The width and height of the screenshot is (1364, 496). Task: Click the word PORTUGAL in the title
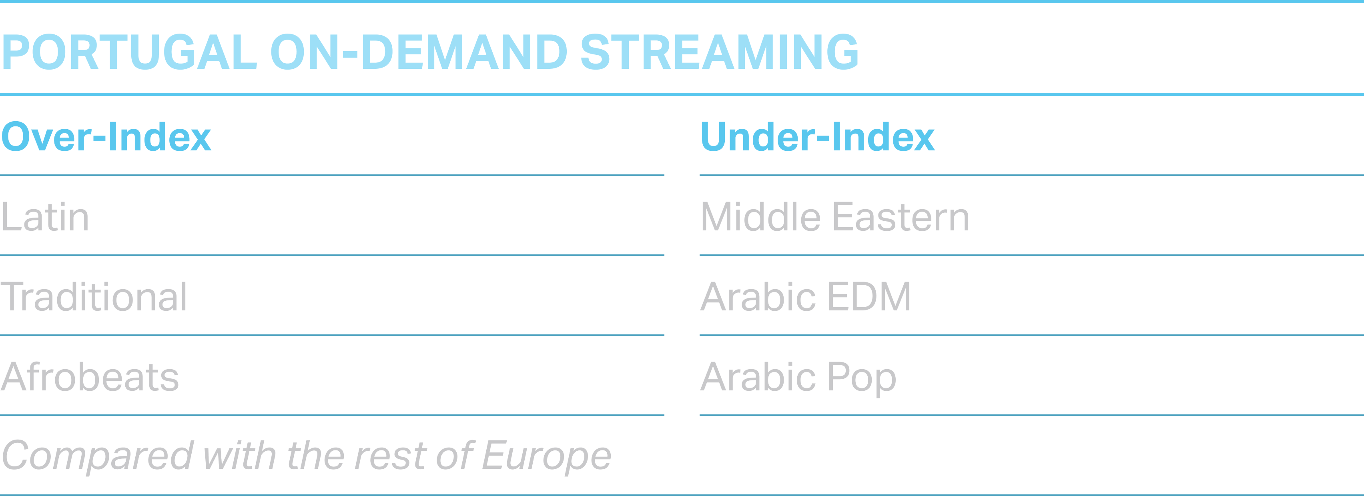pyautogui.click(x=129, y=52)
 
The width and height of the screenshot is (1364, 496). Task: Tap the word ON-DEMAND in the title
pyautogui.click(x=419, y=52)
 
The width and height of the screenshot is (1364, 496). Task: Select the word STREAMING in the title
pyautogui.click(x=720, y=52)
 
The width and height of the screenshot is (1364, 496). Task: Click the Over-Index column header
pyautogui.click(x=106, y=136)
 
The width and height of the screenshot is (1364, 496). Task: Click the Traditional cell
pyautogui.click(x=94, y=296)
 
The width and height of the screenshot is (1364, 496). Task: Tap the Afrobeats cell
pyautogui.click(x=90, y=376)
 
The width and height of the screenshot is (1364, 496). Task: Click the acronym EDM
pyautogui.click(x=869, y=296)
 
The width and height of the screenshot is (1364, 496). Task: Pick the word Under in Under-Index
pyautogui.click(x=758, y=136)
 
